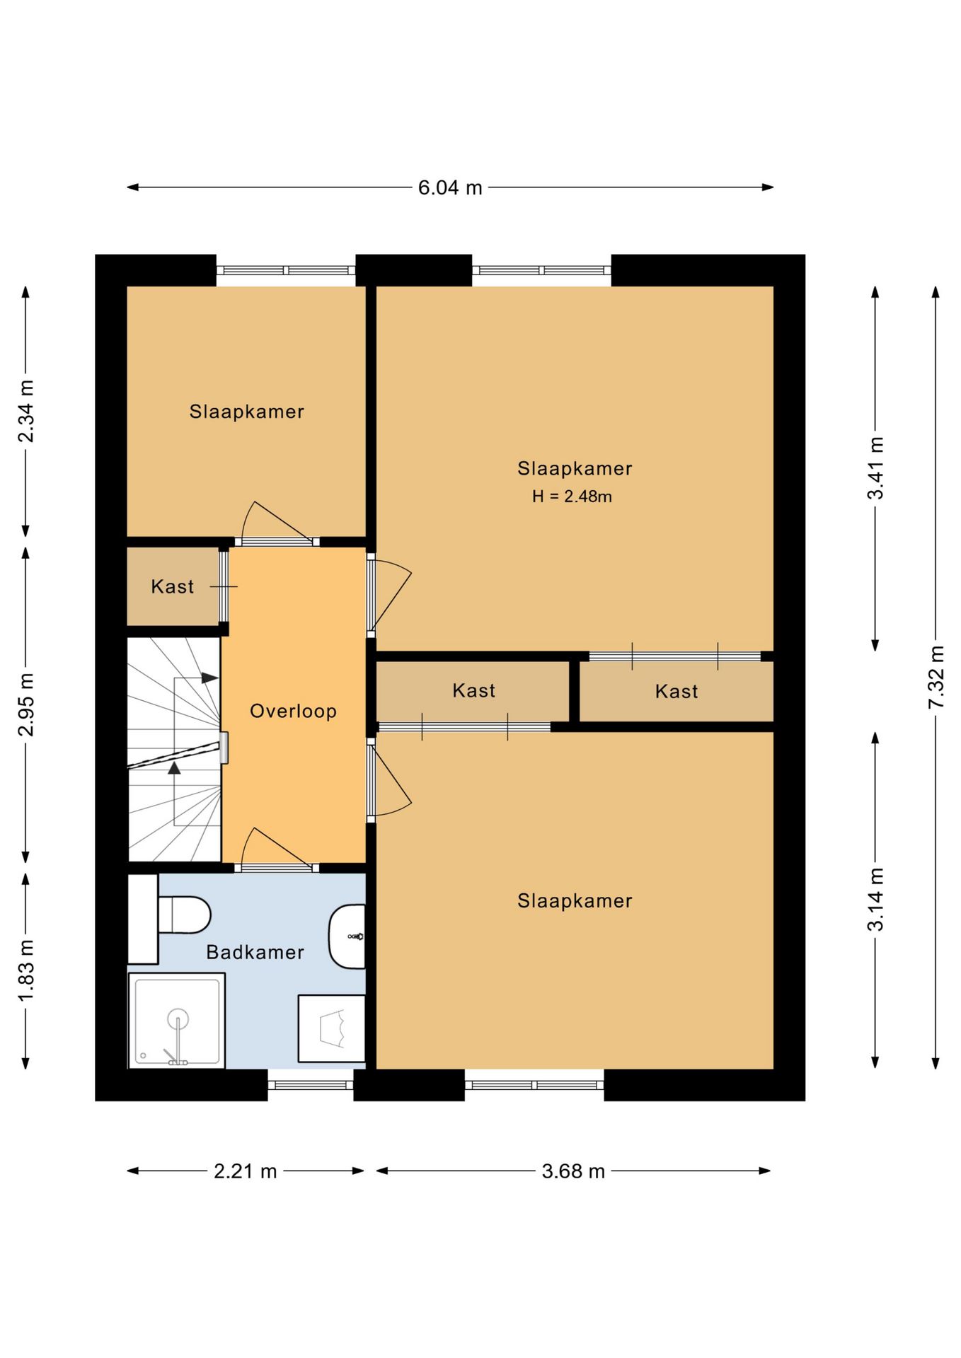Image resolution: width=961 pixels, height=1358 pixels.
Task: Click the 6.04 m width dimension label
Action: tap(450, 187)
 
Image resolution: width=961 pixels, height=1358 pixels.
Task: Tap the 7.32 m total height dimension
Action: tap(936, 677)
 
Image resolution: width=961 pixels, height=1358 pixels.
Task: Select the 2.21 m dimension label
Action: tap(246, 1171)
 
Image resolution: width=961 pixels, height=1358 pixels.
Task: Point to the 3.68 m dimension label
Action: tap(573, 1171)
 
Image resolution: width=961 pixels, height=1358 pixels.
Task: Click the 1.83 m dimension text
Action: tap(26, 970)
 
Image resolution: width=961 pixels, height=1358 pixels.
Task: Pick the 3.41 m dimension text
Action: tap(876, 468)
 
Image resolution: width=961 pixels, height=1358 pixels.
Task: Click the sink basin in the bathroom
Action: tap(347, 936)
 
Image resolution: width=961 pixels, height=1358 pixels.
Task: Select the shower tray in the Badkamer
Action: tap(177, 1020)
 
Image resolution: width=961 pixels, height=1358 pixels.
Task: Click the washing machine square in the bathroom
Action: tap(331, 1028)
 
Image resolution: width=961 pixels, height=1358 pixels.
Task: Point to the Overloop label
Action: tap(293, 711)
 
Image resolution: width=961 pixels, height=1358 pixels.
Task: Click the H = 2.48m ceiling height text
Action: tap(572, 497)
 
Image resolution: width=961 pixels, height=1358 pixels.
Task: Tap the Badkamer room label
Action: tap(255, 952)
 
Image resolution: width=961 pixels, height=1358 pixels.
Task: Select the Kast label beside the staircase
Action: tap(172, 586)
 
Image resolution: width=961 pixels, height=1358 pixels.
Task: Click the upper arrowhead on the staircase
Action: tap(210, 678)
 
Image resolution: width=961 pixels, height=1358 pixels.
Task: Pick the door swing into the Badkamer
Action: tap(277, 847)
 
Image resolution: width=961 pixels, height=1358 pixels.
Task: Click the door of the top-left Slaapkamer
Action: tap(277, 521)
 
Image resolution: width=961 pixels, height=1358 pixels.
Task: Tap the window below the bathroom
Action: tap(311, 1085)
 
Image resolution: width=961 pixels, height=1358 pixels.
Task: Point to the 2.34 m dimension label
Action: tap(26, 411)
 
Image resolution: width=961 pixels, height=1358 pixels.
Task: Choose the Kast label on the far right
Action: tap(677, 691)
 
